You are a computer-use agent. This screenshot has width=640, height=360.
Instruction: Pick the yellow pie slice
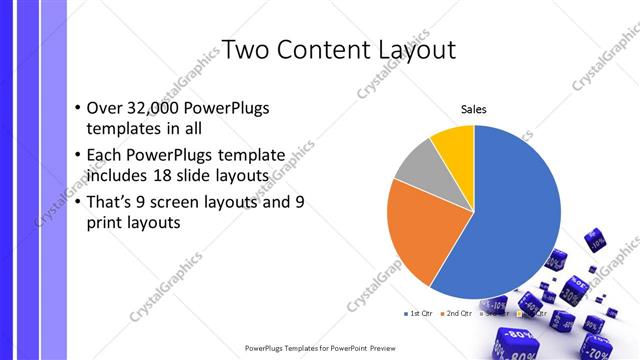pyautogui.click(x=454, y=142)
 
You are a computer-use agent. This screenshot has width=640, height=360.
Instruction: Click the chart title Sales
pyautogui.click(x=473, y=110)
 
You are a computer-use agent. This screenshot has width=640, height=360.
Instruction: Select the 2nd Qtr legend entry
pyautogui.click(x=458, y=314)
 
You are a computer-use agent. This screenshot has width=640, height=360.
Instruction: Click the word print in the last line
pyautogui.click(x=109, y=223)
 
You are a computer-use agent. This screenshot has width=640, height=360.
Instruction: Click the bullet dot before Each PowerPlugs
pyautogui.click(x=78, y=155)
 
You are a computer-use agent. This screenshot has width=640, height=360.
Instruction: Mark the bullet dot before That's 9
pyautogui.click(x=78, y=201)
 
